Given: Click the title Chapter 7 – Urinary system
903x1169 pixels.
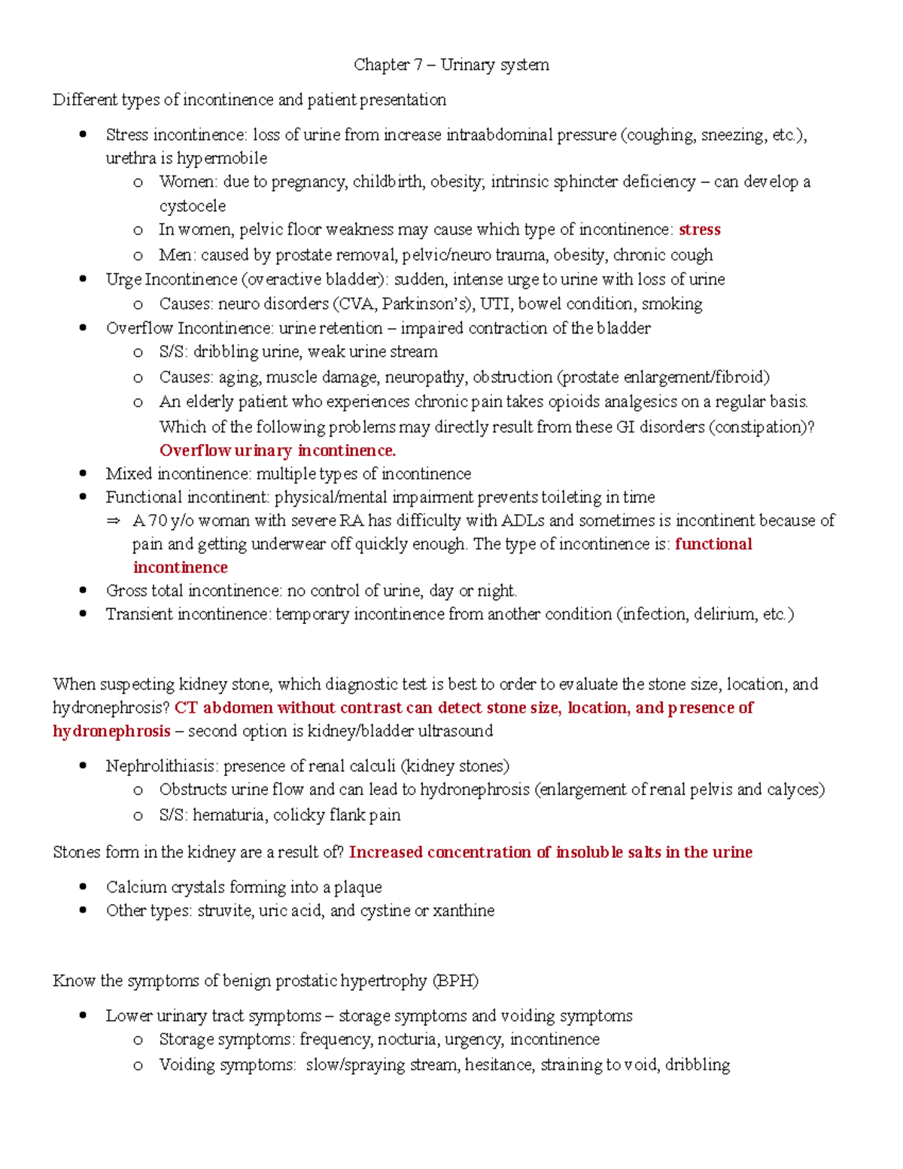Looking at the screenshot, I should pyautogui.click(x=451, y=65).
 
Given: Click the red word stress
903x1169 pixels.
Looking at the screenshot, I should pyautogui.click(x=699, y=230).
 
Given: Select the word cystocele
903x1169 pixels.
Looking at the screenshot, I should pyautogui.click(x=192, y=205).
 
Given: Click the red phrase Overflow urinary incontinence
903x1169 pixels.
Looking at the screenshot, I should pyautogui.click(x=277, y=450).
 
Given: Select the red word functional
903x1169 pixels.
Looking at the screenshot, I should pyautogui.click(x=713, y=543).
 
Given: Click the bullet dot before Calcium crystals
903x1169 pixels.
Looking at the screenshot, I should pyautogui.click(x=84, y=887).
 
